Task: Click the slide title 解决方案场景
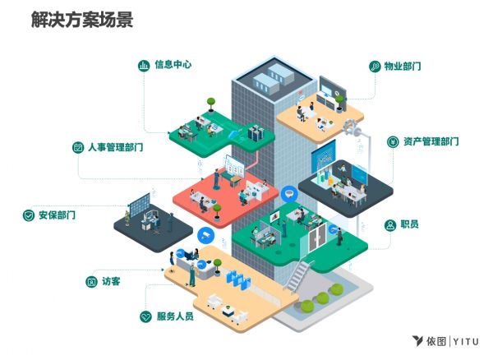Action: click(x=80, y=20)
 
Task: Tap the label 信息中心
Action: click(x=173, y=63)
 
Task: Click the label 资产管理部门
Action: click(x=431, y=141)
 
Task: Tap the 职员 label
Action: click(x=410, y=224)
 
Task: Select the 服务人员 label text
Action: click(x=174, y=316)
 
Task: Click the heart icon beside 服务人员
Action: click(x=146, y=316)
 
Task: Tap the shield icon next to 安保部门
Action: click(x=29, y=215)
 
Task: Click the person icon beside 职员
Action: click(x=390, y=224)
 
